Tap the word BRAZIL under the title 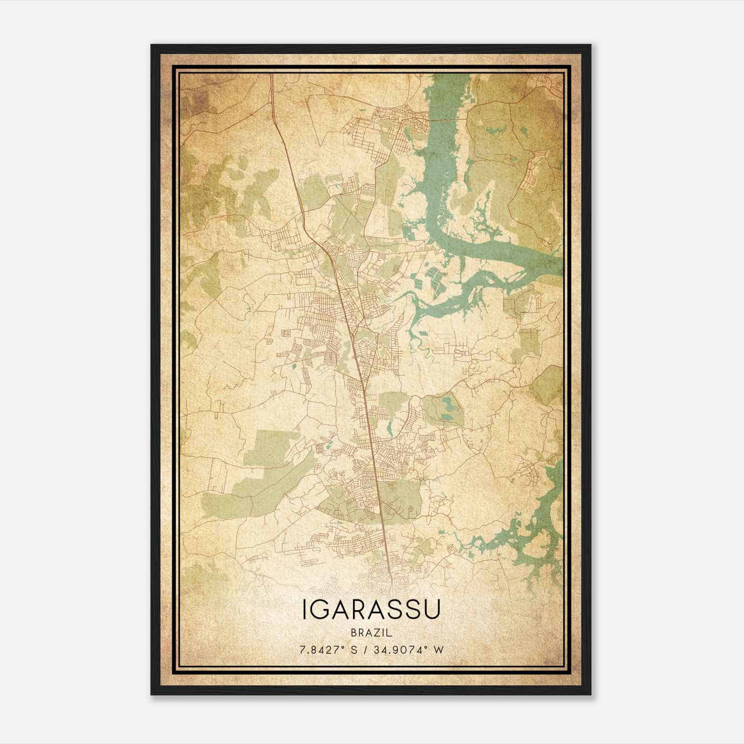371,633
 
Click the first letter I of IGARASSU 304,609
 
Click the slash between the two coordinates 365,650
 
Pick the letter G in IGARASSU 319,609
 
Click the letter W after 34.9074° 438,650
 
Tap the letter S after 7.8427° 354,650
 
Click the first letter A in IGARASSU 340,609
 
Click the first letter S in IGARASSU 395,609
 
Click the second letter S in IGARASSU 412,609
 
